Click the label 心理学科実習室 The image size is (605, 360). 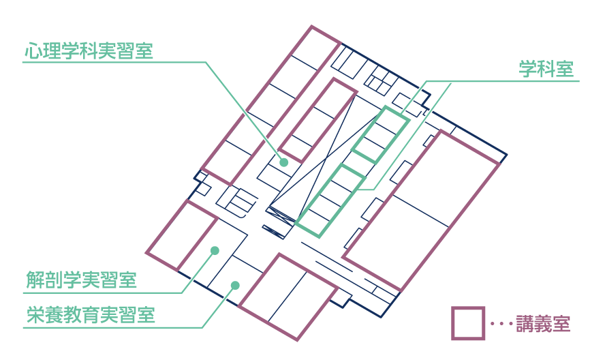click(89, 50)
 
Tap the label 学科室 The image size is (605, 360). click(546, 69)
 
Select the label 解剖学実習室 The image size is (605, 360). click(81, 280)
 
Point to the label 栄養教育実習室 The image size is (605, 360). click(91, 315)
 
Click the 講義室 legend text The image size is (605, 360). click(543, 324)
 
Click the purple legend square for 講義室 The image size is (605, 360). click(468, 323)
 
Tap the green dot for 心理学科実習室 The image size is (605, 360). click(284, 162)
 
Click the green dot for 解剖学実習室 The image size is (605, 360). click(215, 250)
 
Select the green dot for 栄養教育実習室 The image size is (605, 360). click(235, 286)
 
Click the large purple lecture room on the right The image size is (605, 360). click(421, 211)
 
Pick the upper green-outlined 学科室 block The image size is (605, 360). click(380, 135)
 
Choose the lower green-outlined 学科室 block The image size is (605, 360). click(330, 200)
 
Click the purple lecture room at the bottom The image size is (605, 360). click(288, 297)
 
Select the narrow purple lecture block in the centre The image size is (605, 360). click(317, 120)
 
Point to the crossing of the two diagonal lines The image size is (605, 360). click(327, 157)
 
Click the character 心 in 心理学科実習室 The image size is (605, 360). click(33, 50)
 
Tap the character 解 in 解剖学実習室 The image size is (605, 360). click(35, 280)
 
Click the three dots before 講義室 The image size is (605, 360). click(502, 324)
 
